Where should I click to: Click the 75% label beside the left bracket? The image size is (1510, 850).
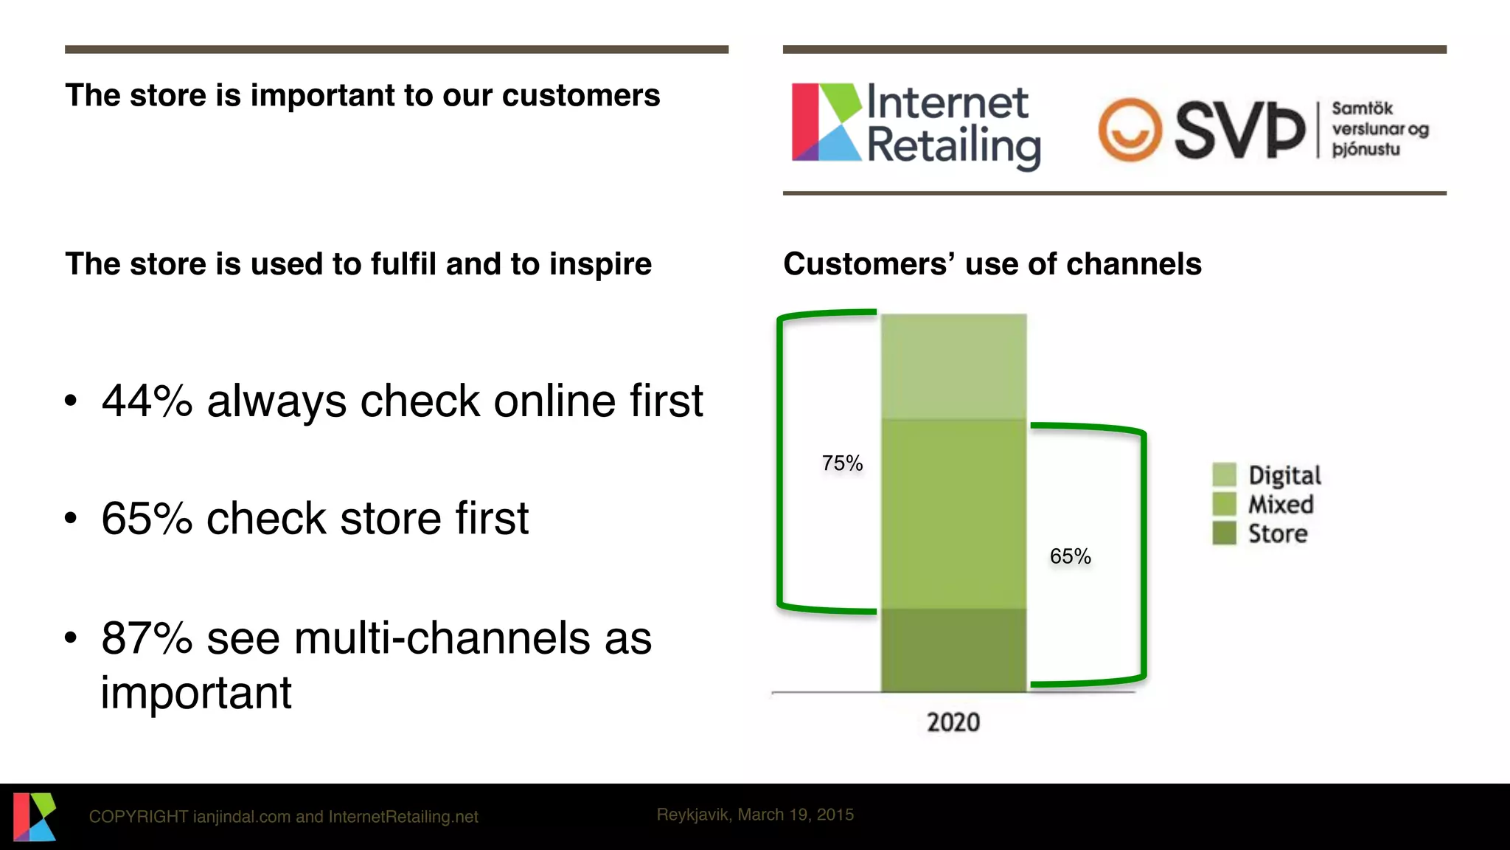click(842, 463)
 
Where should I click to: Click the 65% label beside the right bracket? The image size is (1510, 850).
click(1070, 556)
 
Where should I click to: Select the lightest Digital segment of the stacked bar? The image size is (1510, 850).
click(953, 366)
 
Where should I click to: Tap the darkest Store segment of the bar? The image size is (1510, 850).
click(953, 650)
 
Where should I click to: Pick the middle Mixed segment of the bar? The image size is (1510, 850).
click(953, 514)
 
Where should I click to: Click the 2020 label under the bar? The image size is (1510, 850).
click(953, 722)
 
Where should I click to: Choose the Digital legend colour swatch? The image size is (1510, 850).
click(1224, 474)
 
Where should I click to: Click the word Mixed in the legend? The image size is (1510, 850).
click(1281, 505)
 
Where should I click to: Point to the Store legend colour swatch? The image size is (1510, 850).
click(1224, 533)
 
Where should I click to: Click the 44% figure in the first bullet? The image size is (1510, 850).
click(147, 401)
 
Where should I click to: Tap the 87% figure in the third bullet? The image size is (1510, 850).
click(147, 638)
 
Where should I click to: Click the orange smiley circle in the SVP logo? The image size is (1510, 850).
click(1130, 130)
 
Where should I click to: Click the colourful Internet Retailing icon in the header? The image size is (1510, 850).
click(826, 122)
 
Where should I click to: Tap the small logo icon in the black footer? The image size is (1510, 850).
click(35, 816)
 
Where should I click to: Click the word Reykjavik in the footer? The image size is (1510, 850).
click(693, 815)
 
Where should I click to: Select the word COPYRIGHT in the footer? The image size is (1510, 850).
click(138, 817)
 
